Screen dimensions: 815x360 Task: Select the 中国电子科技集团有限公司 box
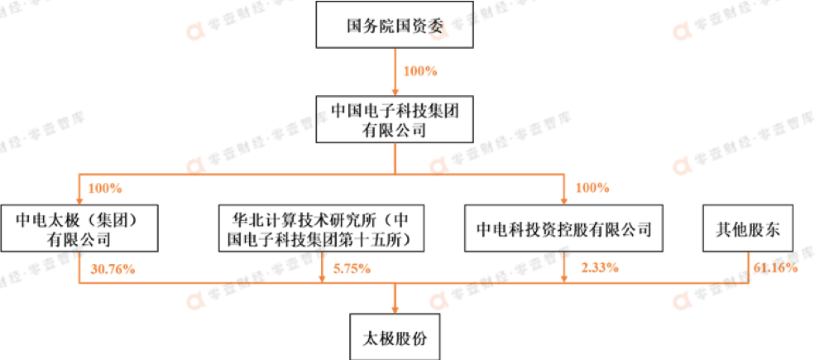(x=394, y=118)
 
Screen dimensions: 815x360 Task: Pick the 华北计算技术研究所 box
(x=321, y=229)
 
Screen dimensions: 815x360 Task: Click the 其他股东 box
(x=748, y=229)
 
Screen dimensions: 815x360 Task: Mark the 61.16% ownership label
(x=775, y=268)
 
